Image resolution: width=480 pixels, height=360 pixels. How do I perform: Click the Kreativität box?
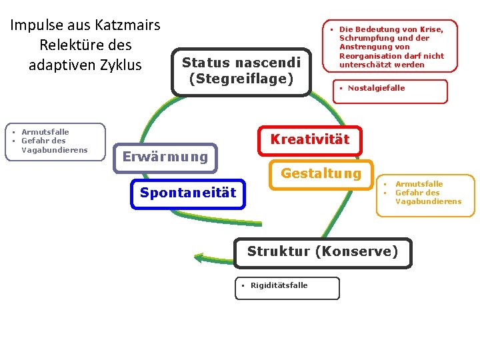pos(309,140)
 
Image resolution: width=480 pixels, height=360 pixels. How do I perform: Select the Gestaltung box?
pos(321,174)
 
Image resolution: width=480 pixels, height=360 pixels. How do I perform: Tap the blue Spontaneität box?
pos(187,193)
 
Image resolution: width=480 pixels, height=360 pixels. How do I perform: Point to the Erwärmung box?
pos(165,157)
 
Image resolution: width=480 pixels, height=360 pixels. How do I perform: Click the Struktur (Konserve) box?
pos(323,252)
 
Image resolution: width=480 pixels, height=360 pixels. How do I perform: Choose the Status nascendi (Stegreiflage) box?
pos(241,71)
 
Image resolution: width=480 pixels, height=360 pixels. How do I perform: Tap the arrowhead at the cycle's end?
pos(199,258)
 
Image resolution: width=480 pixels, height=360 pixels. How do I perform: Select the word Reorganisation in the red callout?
pos(370,56)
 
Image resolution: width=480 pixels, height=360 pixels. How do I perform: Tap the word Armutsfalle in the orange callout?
pos(419,184)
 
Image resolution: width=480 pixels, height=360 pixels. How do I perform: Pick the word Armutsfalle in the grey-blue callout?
pos(45,132)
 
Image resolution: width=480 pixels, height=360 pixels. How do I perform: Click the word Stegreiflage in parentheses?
pos(241,79)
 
